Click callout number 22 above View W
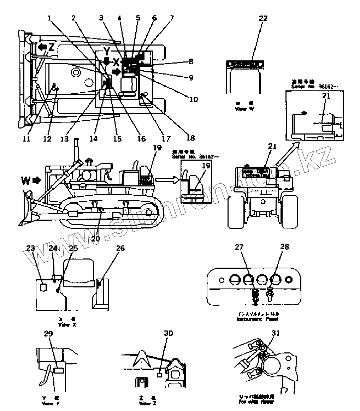264,19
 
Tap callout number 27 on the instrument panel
239,248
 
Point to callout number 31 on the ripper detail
275,333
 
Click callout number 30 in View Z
169,333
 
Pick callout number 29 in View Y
48,333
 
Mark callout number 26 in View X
120,248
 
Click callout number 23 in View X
30,248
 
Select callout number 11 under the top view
26,138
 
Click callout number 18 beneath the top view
190,138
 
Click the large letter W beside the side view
26,181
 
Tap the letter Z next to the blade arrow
52,47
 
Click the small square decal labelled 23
43,287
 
